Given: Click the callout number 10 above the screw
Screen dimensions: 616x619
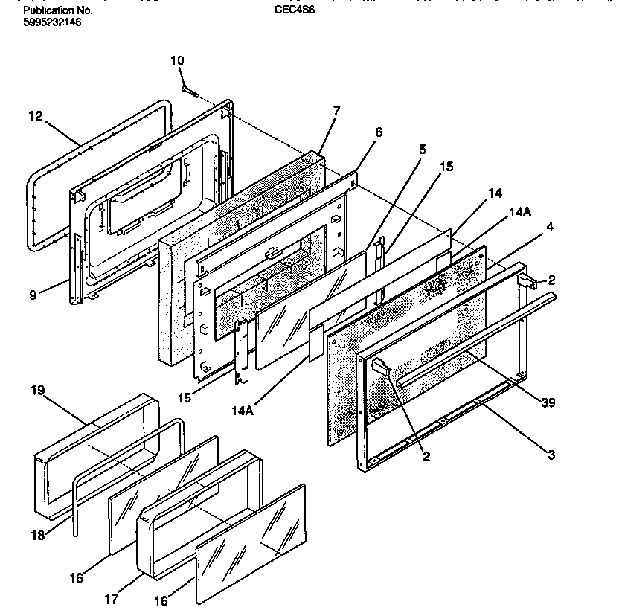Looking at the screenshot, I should [177, 60].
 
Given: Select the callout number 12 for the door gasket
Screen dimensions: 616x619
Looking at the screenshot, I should [36, 116].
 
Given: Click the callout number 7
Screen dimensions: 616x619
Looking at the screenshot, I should [336, 111].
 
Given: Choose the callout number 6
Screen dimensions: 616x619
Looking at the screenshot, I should [379, 132].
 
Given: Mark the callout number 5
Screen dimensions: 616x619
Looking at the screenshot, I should [423, 149].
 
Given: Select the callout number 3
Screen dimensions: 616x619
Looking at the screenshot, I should [551, 455].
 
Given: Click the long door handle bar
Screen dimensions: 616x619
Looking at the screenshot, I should [476, 339].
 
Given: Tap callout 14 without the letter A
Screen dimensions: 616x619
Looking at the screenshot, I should [494, 193].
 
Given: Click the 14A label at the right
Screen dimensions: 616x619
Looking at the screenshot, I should [519, 212].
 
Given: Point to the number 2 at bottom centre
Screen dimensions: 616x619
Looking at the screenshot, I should [426, 457].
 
